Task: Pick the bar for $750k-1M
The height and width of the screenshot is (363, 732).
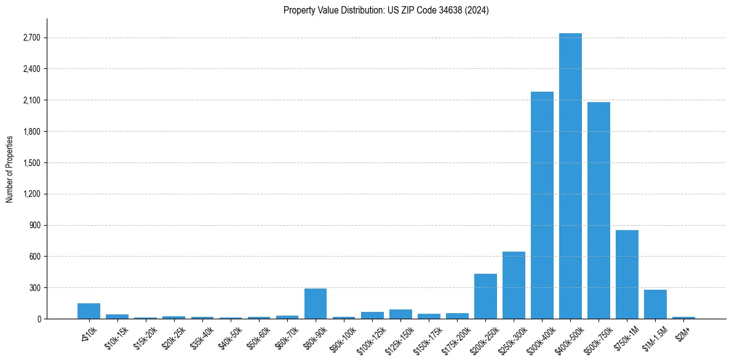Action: [x=627, y=274]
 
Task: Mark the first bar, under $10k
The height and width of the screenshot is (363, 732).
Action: [x=89, y=311]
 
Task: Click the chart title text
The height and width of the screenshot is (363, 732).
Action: [x=386, y=10]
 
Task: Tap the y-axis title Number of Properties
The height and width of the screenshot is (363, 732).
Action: [x=10, y=169]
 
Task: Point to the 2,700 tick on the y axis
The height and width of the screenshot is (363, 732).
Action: [x=31, y=38]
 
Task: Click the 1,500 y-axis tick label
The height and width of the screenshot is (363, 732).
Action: [x=31, y=163]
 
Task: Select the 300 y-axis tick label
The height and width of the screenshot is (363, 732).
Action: [x=34, y=288]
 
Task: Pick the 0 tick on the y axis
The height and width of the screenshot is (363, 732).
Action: [x=38, y=319]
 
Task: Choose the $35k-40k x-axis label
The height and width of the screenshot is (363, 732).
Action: [x=201, y=336]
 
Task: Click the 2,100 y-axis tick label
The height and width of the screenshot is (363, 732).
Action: [x=31, y=100]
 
